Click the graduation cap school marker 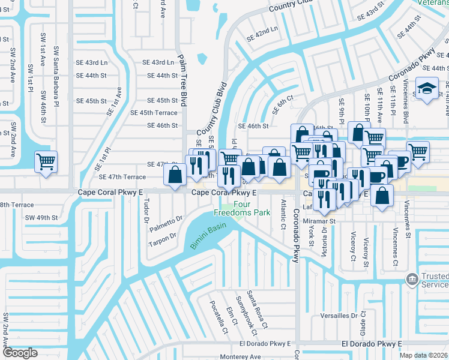[x=427, y=90]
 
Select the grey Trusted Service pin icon [x=412, y=279]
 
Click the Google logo [x=20, y=353]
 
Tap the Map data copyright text [x=424, y=355]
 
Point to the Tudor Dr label [x=146, y=212]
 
